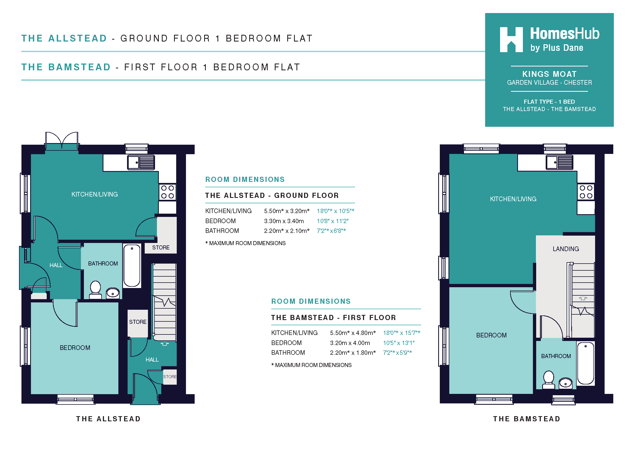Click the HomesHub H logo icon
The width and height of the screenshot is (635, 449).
pyautogui.click(x=511, y=40)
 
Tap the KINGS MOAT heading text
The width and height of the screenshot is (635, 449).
pyautogui.click(x=549, y=74)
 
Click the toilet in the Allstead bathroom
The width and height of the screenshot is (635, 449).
pyautogui.click(x=95, y=290)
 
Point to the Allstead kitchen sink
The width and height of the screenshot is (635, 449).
pyautogui.click(x=141, y=162)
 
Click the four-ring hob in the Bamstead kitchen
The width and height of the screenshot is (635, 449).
pyautogui.click(x=586, y=192)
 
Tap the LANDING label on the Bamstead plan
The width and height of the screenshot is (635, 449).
pyautogui.click(x=566, y=249)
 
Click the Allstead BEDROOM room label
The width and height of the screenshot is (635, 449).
pyautogui.click(x=75, y=347)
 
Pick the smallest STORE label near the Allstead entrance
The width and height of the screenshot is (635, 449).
pyautogui.click(x=170, y=377)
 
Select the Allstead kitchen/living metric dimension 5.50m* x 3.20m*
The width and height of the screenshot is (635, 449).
pyautogui.click(x=286, y=211)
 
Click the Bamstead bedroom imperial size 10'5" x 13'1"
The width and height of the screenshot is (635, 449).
pyautogui.click(x=399, y=343)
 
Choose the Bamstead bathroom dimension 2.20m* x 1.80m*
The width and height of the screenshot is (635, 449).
pyautogui.click(x=353, y=353)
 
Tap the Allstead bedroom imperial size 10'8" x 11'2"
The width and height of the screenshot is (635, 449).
pyautogui.click(x=333, y=221)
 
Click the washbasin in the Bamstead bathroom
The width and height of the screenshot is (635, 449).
pyautogui.click(x=566, y=383)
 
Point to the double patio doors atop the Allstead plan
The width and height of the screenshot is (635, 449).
pyautogui.click(x=62, y=141)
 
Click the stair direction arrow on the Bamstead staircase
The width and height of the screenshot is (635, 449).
pyautogui.click(x=583, y=298)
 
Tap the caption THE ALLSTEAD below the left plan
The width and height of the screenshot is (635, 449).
pyautogui.click(x=108, y=419)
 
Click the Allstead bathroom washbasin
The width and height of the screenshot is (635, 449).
pyautogui.click(x=113, y=293)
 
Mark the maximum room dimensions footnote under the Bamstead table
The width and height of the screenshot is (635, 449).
pyautogui.click(x=311, y=365)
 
